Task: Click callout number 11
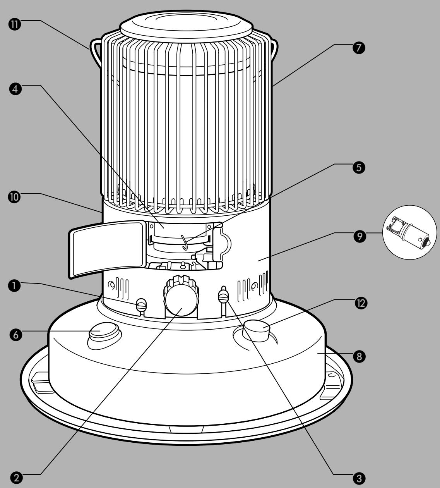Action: [15, 25]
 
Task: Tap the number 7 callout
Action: [359, 48]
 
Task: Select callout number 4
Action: [15, 89]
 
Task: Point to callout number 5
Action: [359, 167]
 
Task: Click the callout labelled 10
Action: [15, 197]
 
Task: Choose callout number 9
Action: [360, 236]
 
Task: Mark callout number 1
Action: [15, 285]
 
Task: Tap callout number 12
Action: [361, 303]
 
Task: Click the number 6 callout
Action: [16, 335]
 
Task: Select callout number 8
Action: [359, 357]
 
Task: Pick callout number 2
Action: [17, 478]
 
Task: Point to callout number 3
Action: [359, 479]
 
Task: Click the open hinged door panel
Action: [107, 249]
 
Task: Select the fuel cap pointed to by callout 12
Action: [257, 330]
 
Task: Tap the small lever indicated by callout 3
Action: [224, 295]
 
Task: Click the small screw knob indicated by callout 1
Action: [142, 304]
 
